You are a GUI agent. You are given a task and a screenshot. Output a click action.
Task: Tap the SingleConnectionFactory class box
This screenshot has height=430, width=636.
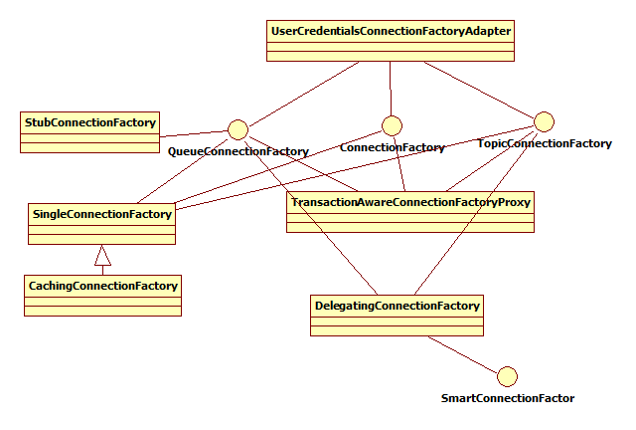(102, 224)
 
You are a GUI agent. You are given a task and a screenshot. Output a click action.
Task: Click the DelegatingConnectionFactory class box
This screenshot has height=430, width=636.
(397, 316)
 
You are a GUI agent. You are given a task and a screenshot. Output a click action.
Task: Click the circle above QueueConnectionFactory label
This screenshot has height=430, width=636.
(238, 129)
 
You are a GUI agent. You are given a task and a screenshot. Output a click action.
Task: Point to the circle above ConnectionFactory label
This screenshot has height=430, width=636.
(392, 125)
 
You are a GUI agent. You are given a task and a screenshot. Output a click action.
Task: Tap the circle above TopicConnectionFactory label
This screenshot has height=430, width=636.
(544, 121)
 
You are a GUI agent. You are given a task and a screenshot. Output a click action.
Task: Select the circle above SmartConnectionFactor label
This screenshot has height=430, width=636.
(507, 375)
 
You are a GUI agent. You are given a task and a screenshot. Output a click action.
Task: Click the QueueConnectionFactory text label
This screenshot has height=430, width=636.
(238, 151)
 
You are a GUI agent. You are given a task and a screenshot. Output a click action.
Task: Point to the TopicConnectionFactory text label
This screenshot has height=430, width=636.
(545, 143)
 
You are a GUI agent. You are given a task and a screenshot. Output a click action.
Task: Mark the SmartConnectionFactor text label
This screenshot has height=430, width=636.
(507, 398)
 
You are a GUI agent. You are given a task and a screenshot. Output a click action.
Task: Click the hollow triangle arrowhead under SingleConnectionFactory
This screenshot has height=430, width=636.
(102, 256)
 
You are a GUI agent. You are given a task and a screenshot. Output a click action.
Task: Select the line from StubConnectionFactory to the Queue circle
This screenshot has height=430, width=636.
(194, 133)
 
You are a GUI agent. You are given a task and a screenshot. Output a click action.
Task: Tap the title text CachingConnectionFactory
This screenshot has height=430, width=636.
(102, 286)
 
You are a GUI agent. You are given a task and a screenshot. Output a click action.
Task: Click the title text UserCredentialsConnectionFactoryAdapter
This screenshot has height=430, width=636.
(391, 32)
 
